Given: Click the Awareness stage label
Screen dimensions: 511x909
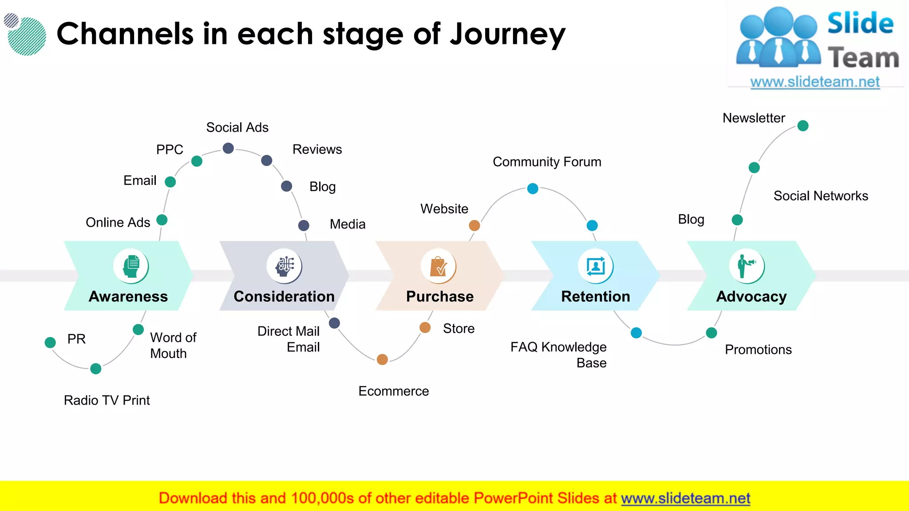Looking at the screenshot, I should point(128,296).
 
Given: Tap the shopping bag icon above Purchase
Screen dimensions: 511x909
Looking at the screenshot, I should point(439,266).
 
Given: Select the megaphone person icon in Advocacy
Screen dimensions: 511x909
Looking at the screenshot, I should point(747,266).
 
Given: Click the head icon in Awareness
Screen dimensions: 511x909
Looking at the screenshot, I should point(131,266).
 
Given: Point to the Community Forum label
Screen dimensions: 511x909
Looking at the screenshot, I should point(547,162).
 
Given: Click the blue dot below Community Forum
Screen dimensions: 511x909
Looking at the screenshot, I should point(533,189).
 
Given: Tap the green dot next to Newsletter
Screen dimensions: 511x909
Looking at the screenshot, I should point(803,126).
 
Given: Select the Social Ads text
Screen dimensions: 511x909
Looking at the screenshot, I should point(237,128).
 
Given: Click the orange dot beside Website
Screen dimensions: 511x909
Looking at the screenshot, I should point(474,225).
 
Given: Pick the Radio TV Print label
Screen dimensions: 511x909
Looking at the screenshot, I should point(107,400).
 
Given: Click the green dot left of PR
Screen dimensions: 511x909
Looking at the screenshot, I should point(50,342).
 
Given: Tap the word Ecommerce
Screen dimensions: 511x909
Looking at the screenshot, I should point(394,391).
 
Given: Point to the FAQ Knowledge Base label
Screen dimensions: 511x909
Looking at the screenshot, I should point(559,355).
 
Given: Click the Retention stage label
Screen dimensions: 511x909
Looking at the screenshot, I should point(596,296).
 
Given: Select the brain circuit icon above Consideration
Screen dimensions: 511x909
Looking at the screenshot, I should point(285,266).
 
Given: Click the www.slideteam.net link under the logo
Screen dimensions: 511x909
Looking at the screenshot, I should point(815,82).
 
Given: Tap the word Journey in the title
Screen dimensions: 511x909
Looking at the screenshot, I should point(508,35).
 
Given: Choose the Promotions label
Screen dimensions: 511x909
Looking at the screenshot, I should point(758,350).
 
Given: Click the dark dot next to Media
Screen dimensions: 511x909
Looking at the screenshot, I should point(304,225).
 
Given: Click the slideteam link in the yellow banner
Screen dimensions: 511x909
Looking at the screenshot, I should point(685,498).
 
